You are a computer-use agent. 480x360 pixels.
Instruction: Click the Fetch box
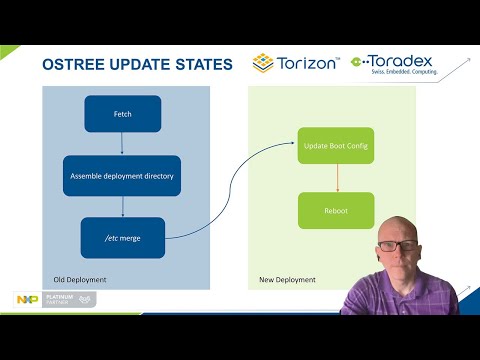point(122,114)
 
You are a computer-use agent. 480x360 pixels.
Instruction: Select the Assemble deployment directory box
point(122,175)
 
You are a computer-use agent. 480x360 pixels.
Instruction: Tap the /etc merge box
point(122,237)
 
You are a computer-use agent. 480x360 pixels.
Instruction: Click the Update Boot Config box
point(336,147)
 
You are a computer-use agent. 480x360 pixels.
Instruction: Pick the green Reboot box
point(336,210)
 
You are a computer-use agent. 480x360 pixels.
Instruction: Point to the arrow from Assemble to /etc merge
point(122,206)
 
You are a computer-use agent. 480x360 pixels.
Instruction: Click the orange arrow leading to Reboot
point(336,179)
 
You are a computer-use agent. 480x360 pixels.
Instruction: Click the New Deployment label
point(286,279)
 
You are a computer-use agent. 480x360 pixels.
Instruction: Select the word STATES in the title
point(201,65)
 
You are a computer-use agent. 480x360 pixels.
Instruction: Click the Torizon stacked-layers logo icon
point(263,63)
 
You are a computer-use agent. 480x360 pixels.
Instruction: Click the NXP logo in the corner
point(27,299)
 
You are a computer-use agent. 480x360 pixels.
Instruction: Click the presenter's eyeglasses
point(398,245)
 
